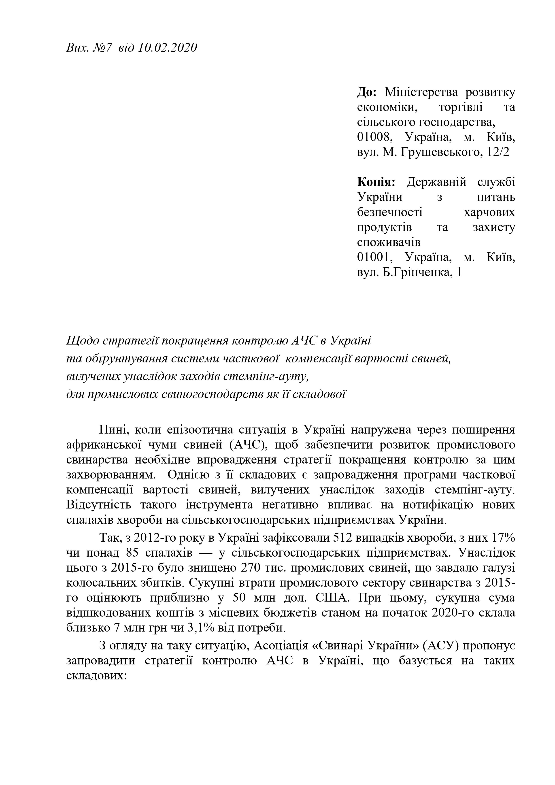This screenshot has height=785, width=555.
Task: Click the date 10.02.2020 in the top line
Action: [168, 47]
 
